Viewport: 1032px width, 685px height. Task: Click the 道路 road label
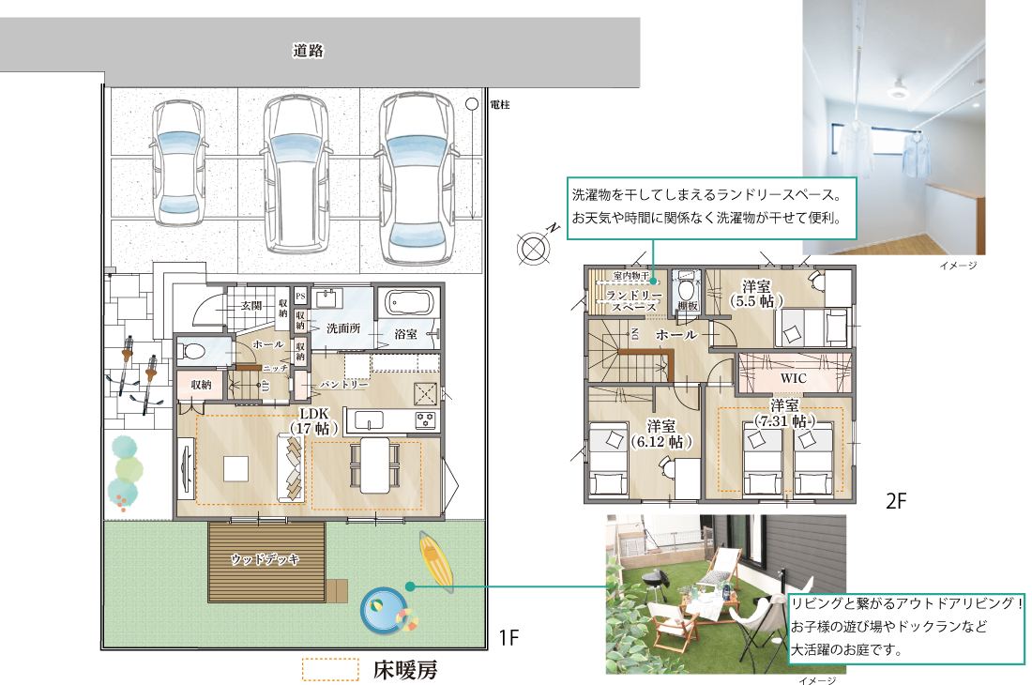pyautogui.click(x=308, y=52)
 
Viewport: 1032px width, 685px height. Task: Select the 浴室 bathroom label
pyautogui.click(x=406, y=333)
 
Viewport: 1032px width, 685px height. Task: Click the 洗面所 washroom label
pyautogui.click(x=343, y=328)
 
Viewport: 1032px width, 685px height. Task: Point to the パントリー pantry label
pyautogui.click(x=344, y=385)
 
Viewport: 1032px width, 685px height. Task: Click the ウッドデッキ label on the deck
pyautogui.click(x=266, y=559)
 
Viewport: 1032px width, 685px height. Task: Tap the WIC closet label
pyautogui.click(x=794, y=376)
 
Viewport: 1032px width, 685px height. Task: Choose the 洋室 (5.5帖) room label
pyautogui.click(x=756, y=294)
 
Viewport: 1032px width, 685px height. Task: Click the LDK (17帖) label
pyautogui.click(x=313, y=420)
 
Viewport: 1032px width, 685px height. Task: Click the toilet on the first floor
pyautogui.click(x=194, y=352)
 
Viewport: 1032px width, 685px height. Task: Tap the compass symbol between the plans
pyautogui.click(x=532, y=249)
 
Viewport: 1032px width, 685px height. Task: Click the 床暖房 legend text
pyautogui.click(x=404, y=670)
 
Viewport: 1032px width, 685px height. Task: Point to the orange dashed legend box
pyautogui.click(x=330, y=669)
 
